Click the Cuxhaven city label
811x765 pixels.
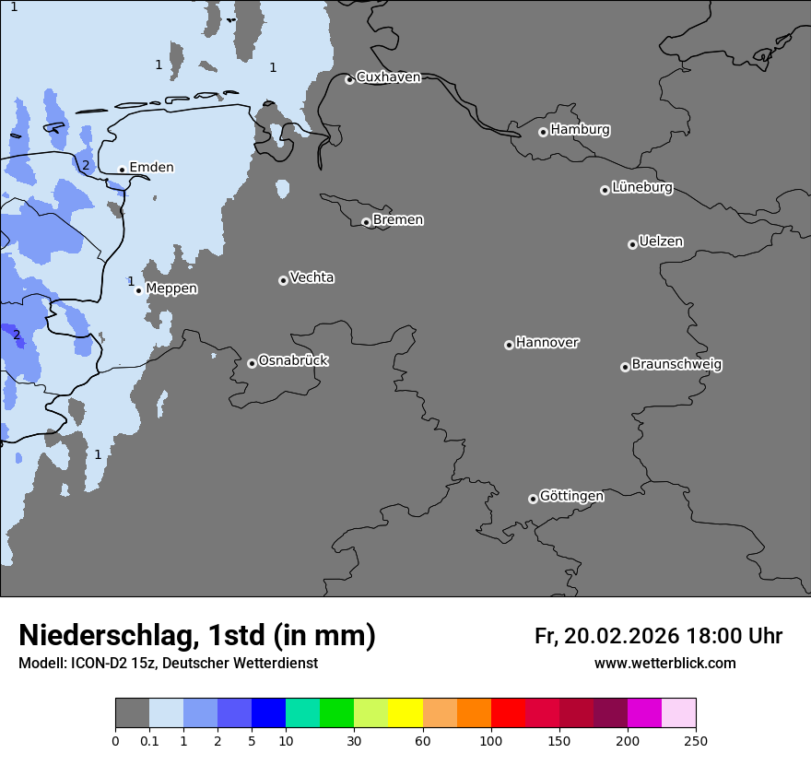[x=388, y=77]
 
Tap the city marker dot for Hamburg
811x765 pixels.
[x=543, y=132]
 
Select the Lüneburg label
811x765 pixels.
[x=641, y=187]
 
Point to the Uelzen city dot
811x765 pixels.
[x=632, y=244]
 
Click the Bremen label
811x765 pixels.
[x=398, y=219]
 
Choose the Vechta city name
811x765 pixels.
[x=311, y=277]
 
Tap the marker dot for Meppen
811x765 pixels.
[x=138, y=290]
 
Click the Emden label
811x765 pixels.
[x=151, y=167]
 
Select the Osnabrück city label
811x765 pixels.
[x=293, y=360]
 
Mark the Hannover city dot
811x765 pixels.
[x=509, y=345]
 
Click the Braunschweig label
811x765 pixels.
[x=676, y=364]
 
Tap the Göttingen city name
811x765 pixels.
[x=571, y=496]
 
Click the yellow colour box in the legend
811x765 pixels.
[x=405, y=713]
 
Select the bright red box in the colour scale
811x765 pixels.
[x=508, y=713]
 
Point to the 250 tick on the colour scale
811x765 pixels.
[x=696, y=740]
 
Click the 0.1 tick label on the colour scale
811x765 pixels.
[x=149, y=740]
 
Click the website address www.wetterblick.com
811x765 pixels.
[x=664, y=663]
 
